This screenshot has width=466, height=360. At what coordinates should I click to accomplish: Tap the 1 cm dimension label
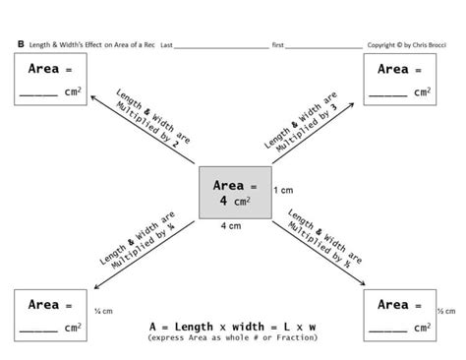click(284, 189)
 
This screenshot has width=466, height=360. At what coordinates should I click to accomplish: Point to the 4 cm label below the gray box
click(232, 226)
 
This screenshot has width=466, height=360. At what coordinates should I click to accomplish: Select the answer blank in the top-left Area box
click(38, 93)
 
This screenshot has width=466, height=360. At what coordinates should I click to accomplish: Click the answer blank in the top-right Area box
click(389, 93)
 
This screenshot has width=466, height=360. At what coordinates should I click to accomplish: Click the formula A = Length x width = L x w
click(232, 324)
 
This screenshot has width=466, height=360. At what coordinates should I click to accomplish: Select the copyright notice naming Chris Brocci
click(406, 44)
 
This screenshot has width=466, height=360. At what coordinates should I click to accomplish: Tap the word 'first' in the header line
click(278, 45)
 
